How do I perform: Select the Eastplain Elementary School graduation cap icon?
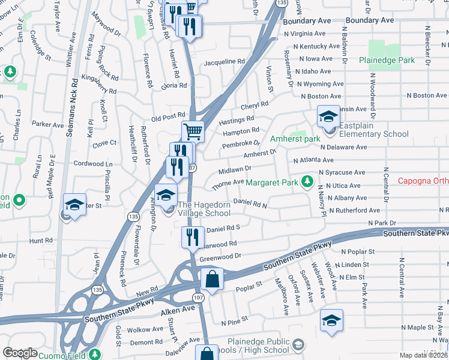point(328,116)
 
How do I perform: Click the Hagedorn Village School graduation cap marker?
point(166,194)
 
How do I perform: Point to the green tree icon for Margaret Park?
point(307,181)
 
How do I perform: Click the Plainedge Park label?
point(387,61)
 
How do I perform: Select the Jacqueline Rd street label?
point(224,62)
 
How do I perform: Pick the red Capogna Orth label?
point(423,181)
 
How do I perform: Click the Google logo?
point(20,353)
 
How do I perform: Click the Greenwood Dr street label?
point(220,256)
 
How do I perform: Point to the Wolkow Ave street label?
point(145,329)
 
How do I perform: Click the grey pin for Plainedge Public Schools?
point(298,345)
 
